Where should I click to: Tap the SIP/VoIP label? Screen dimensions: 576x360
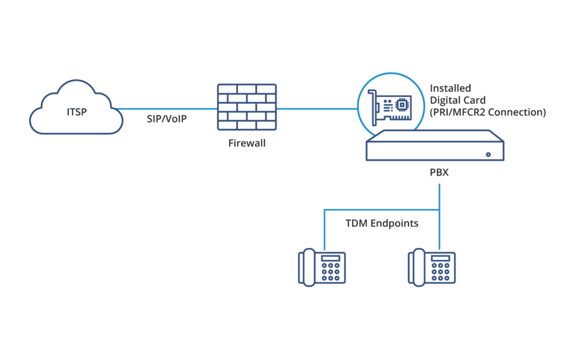pyautogui.click(x=166, y=119)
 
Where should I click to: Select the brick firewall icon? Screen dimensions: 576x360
pyautogui.click(x=247, y=107)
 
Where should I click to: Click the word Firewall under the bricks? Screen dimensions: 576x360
pyautogui.click(x=247, y=143)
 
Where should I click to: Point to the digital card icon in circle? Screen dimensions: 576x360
pyautogui.click(x=390, y=106)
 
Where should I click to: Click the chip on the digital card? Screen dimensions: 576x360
pyautogui.click(x=402, y=105)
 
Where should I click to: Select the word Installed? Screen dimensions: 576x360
pyautogui.click(x=451, y=88)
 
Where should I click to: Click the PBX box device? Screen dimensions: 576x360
pyautogui.click(x=435, y=146)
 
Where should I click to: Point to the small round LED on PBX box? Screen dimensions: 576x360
pyautogui.click(x=488, y=155)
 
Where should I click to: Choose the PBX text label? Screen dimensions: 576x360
pyautogui.click(x=439, y=172)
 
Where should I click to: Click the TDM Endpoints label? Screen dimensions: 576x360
pyautogui.click(x=382, y=223)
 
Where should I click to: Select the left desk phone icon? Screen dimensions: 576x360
pyautogui.click(x=322, y=267)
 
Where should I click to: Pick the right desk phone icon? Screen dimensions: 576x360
pyautogui.click(x=431, y=267)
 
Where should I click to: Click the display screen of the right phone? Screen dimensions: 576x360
pyautogui.click(x=440, y=258)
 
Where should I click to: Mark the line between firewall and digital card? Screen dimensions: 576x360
pyautogui.click(x=317, y=109)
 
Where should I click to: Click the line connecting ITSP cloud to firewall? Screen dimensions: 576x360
pyautogui.click(x=167, y=109)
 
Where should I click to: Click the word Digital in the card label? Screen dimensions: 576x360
pyautogui.click(x=443, y=100)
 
